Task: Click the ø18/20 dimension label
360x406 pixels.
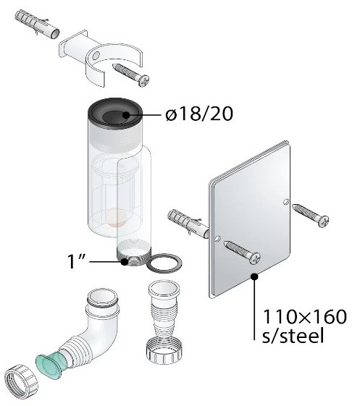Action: tap(199, 114)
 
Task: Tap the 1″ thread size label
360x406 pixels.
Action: tap(76, 261)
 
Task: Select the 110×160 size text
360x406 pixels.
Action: tap(305, 316)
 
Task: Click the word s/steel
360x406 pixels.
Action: tap(293, 335)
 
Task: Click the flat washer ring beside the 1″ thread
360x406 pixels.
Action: tap(164, 263)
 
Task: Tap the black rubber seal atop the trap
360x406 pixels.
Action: tap(115, 114)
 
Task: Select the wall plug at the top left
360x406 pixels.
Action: tap(37, 25)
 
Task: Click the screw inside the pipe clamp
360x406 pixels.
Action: tap(131, 75)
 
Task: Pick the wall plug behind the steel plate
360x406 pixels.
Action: tap(188, 224)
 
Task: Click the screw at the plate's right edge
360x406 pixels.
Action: tap(310, 215)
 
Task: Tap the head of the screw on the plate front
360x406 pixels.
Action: tap(254, 258)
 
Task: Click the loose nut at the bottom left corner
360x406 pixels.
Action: tap(21, 381)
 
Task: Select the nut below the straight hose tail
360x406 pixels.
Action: tap(164, 351)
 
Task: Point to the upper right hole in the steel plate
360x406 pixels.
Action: tap(285, 202)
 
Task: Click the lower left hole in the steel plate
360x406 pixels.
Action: tap(217, 238)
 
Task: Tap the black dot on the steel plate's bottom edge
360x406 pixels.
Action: tap(255, 276)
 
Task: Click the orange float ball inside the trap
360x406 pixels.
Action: tap(117, 218)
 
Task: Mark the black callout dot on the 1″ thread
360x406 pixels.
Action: tap(125, 262)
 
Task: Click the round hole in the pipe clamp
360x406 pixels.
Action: tap(96, 56)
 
